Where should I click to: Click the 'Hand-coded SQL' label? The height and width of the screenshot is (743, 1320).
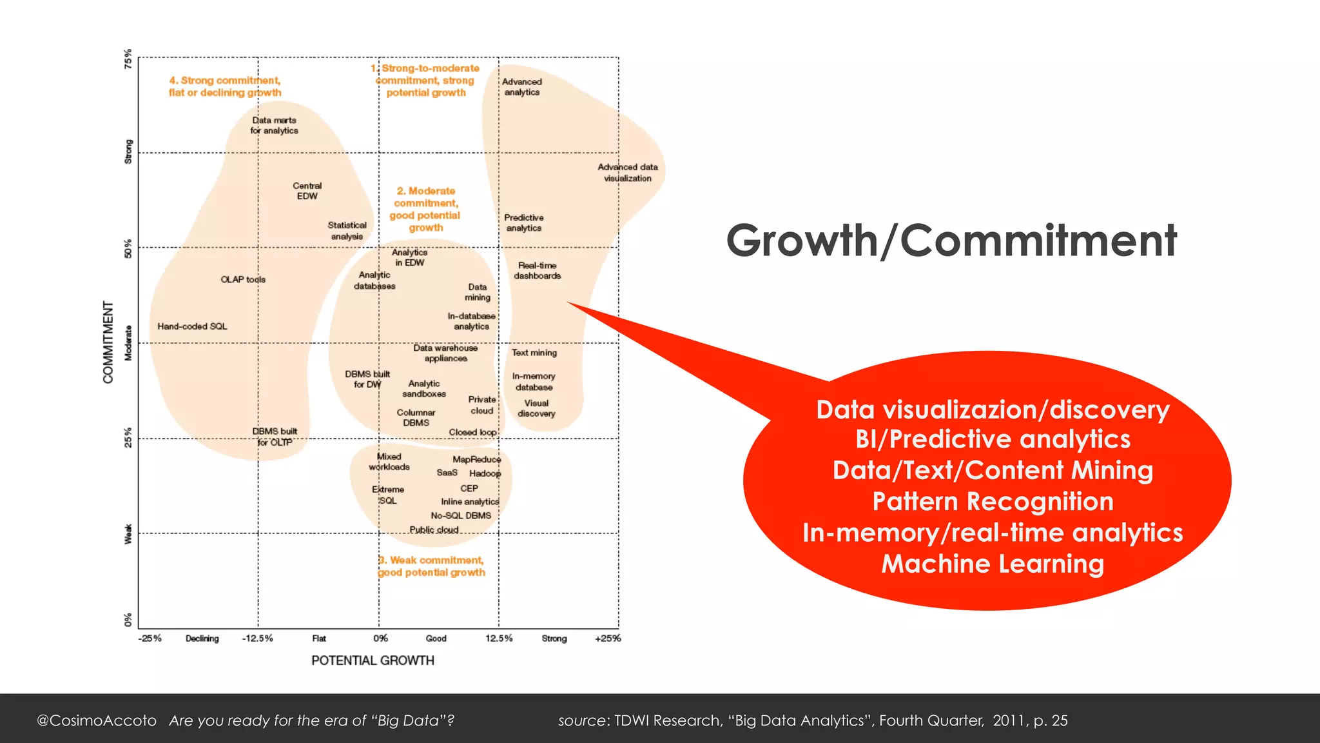192,326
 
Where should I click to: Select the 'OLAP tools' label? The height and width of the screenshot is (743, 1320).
243,279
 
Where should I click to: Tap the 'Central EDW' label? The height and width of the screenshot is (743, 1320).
307,191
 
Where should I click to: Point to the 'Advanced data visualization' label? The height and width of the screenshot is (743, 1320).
628,173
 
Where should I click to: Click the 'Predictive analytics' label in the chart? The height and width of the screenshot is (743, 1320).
524,223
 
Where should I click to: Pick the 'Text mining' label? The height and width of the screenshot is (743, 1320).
534,353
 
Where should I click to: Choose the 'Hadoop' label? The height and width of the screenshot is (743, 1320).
485,473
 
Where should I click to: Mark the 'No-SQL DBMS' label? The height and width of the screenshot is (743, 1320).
461,515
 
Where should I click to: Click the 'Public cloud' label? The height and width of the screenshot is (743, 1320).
434,530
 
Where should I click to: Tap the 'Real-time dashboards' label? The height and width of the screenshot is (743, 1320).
537,271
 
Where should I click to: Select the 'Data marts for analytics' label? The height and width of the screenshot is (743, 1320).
275,126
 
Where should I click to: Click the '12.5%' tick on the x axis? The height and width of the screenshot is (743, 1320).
499,639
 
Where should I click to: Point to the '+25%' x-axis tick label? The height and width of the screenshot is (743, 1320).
608,639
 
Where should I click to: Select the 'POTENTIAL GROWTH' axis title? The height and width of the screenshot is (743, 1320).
373,660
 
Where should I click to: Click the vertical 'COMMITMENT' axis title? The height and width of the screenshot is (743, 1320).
108,342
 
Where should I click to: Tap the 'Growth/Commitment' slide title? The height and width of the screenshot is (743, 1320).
951,241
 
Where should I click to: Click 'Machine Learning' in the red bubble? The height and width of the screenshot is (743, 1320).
993,564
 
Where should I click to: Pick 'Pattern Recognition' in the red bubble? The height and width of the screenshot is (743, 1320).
993,502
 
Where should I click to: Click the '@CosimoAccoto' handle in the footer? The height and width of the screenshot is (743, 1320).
97,720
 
